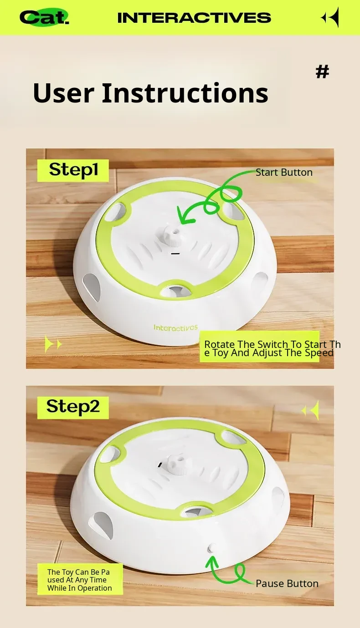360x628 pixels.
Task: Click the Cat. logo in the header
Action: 44,17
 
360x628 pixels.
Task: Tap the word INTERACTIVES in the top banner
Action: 194,18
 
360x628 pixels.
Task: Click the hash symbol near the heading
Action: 322,72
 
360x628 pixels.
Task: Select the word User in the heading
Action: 63,93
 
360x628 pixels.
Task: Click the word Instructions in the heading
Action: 185,92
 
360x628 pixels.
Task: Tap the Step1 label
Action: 73,170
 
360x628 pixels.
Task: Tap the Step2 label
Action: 73,408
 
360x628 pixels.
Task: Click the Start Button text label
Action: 284,173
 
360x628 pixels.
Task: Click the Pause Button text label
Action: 287,583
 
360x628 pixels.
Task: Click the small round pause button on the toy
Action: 212,547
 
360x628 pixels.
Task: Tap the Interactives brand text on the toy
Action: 175,327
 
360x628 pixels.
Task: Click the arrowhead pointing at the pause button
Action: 212,561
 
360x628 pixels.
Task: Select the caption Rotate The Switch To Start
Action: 273,348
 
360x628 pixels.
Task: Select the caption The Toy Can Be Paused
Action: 80,580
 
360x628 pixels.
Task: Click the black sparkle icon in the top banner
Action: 330,17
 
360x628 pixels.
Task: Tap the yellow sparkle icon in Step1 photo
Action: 53,344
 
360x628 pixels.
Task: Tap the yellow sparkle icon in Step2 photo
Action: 310,410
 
